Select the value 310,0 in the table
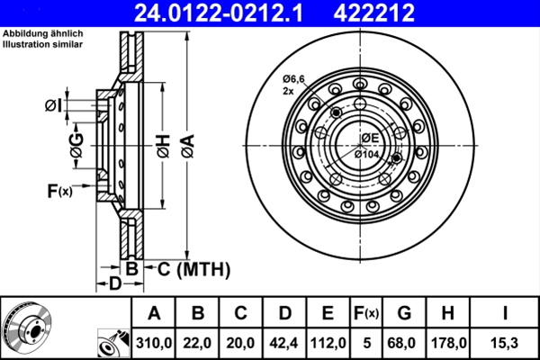tap(154, 343)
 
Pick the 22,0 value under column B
tap(198, 343)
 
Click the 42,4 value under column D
tap(284, 343)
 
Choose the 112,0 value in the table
tap(328, 343)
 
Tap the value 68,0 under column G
tap(404, 343)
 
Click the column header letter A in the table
tap(154, 314)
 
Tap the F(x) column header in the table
tap(365, 314)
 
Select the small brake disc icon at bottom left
tap(27, 328)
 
